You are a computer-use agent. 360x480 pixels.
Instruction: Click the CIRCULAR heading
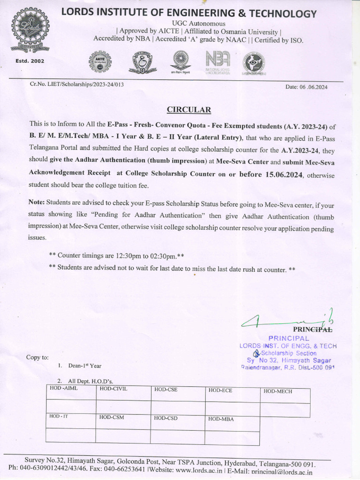pos(189,110)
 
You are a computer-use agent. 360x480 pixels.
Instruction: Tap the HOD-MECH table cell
pos(277,391)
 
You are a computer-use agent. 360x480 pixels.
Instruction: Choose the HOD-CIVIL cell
pos(113,389)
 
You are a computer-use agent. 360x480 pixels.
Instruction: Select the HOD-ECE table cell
pos(220,390)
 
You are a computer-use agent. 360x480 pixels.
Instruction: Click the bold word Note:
pos(36,202)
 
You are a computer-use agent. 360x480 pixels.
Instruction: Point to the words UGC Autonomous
pos(198,23)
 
